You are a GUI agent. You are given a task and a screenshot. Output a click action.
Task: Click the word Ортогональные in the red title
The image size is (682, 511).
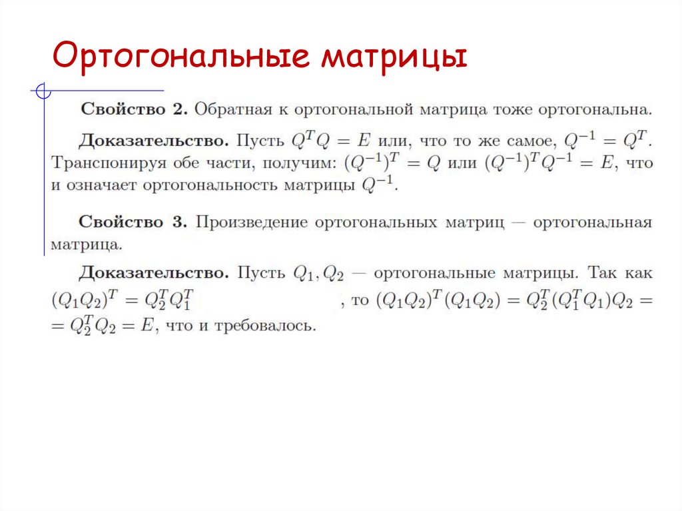[179, 57]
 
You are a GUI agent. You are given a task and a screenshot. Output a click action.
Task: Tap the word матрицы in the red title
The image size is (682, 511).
[392, 57]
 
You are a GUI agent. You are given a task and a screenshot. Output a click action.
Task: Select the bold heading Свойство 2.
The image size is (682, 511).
[133, 109]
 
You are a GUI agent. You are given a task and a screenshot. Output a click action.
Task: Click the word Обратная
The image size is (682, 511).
[233, 109]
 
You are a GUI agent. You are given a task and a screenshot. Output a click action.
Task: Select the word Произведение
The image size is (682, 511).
[251, 223]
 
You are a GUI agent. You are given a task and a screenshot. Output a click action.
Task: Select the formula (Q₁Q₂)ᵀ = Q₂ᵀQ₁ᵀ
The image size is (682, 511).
[123, 300]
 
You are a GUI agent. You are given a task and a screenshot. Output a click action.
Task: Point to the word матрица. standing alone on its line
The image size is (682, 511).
[87, 245]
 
